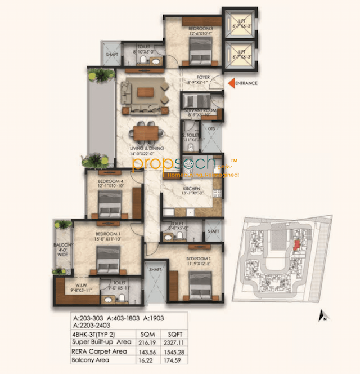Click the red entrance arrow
231,83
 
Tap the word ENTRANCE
247,83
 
